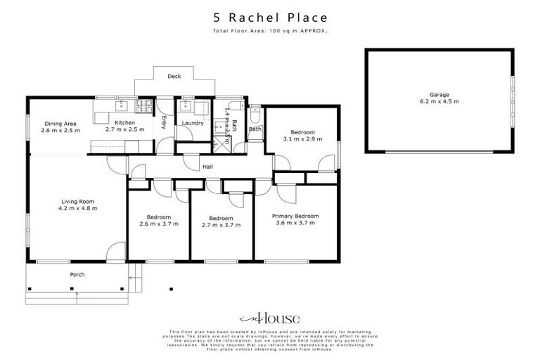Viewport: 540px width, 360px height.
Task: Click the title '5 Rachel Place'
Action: click(x=270, y=18)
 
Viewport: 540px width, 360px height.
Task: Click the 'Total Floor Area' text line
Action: click(x=270, y=32)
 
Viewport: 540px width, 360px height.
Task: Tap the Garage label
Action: click(x=439, y=94)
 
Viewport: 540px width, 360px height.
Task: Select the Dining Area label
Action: click(x=60, y=124)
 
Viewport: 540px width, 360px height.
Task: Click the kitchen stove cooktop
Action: click(x=143, y=106)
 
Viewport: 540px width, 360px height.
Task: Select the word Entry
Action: click(x=163, y=122)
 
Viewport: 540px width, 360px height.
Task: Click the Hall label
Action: click(x=207, y=167)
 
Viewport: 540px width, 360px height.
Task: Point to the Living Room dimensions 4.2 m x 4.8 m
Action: click(x=77, y=208)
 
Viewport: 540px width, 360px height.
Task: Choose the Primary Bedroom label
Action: click(x=295, y=216)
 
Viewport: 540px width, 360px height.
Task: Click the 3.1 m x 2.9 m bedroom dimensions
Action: click(x=302, y=139)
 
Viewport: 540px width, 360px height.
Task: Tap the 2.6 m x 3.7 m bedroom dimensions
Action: click(x=159, y=224)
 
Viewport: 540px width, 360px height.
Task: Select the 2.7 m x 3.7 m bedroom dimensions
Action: click(x=221, y=225)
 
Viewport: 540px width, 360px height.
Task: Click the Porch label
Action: click(x=77, y=274)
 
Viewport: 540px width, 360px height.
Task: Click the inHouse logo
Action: click(x=270, y=317)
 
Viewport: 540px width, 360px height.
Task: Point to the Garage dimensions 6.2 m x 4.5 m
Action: click(x=439, y=102)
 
